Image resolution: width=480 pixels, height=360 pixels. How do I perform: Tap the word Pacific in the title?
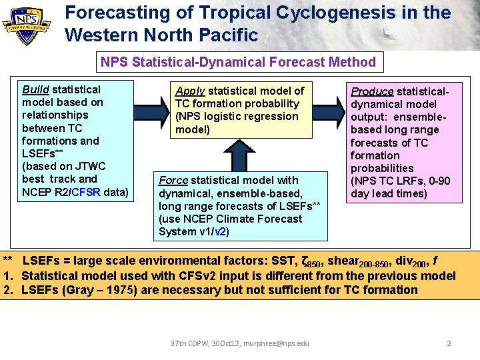click(226, 35)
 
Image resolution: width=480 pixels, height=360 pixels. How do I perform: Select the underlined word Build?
click(35, 89)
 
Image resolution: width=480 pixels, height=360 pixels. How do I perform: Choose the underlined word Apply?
click(190, 91)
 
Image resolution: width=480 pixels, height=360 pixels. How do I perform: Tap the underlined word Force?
click(173, 180)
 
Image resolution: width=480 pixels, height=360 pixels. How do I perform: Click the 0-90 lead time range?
click(437, 181)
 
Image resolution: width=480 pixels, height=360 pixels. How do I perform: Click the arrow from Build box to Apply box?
click(153, 105)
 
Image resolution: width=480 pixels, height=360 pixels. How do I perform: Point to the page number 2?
click(449, 343)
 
